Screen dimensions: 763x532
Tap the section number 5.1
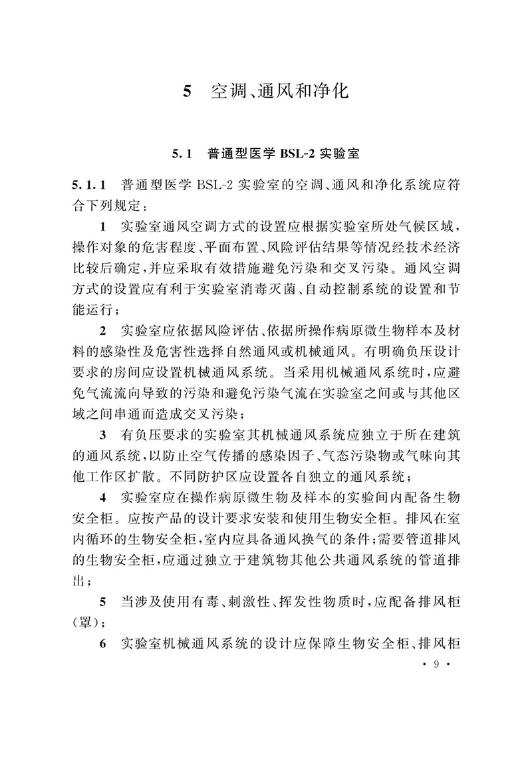click(x=181, y=154)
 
